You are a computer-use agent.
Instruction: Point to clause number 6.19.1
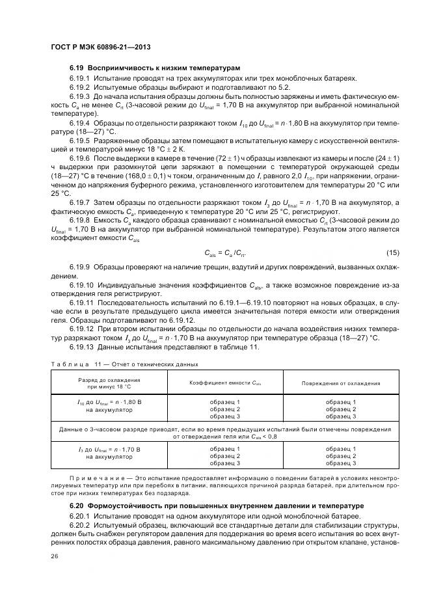click(x=81, y=78)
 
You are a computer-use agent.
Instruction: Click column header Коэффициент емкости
click(x=224, y=383)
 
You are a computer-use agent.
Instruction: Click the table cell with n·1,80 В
click(x=109, y=403)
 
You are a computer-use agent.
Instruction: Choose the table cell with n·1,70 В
click(x=109, y=450)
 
